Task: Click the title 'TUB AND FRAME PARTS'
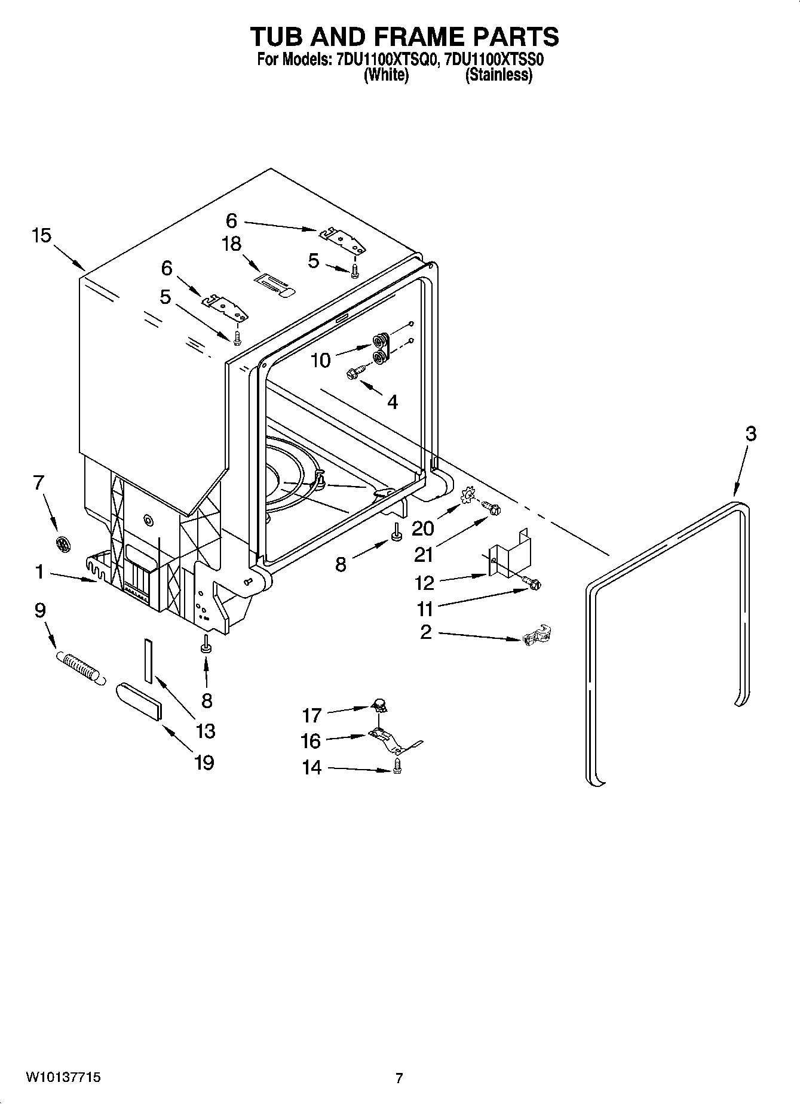[x=404, y=37]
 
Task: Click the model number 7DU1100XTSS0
[x=494, y=60]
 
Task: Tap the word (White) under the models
[x=386, y=75]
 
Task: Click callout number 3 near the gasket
[x=750, y=434]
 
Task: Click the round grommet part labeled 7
[x=62, y=544]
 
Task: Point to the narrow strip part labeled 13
[x=148, y=660]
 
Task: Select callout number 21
[x=424, y=555]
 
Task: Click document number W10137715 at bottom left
[x=62, y=1077]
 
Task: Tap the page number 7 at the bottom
[x=399, y=1078]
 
